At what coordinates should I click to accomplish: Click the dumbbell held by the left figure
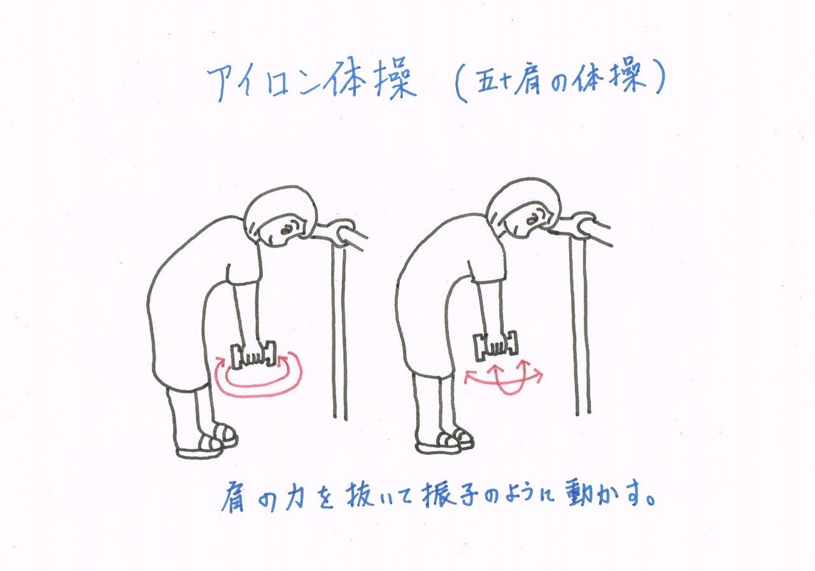[x=253, y=354]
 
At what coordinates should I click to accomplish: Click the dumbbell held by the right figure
[x=495, y=346]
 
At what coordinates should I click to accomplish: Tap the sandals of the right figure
[x=444, y=441]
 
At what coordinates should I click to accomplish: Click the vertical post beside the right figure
[x=580, y=327]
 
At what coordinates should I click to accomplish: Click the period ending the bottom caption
[x=649, y=500]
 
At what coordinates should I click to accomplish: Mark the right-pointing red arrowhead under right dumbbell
[x=538, y=374]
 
